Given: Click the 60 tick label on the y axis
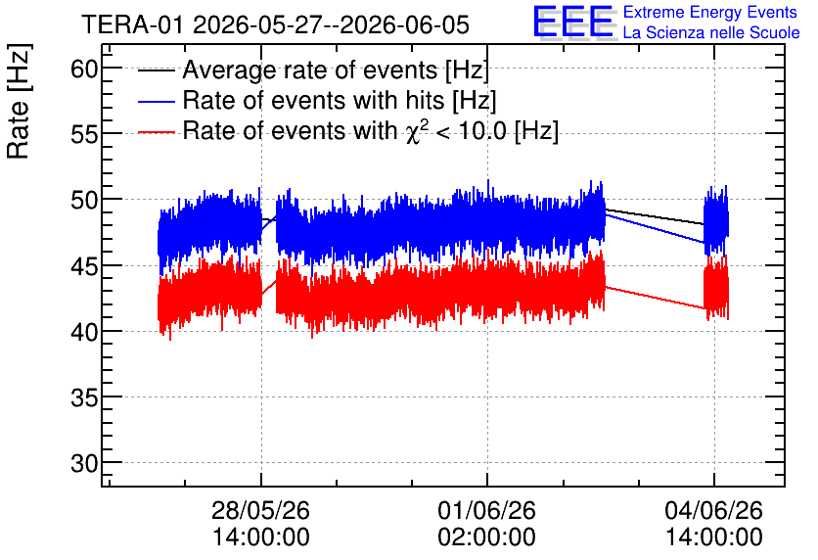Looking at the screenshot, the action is click(84, 69).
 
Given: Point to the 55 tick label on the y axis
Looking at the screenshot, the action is click(84, 134).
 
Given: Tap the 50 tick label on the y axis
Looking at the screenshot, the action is click(84, 200).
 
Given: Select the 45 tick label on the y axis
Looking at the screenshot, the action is click(84, 265).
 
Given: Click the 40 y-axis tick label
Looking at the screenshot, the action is click(84, 332).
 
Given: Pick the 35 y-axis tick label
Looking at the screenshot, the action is click(84, 397).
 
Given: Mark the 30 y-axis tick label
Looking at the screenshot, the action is click(84, 463).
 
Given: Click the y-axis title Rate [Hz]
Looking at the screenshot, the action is click(19, 101).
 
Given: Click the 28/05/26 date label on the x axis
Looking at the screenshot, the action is click(261, 510).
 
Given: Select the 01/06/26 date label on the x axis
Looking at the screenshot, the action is click(486, 510).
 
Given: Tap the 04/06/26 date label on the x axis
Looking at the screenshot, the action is click(713, 510).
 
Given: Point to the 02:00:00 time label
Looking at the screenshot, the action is click(486, 537).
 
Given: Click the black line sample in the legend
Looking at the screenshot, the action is click(156, 70).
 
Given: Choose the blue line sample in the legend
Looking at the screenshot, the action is click(156, 101).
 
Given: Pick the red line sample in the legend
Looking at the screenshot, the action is click(156, 132).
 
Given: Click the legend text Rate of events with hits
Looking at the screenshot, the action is click(313, 100).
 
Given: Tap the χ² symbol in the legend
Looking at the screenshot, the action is click(413, 132).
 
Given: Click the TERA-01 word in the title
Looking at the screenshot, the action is click(133, 24).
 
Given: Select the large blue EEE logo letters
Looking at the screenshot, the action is click(573, 22).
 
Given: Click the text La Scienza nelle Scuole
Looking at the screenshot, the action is click(711, 33).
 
